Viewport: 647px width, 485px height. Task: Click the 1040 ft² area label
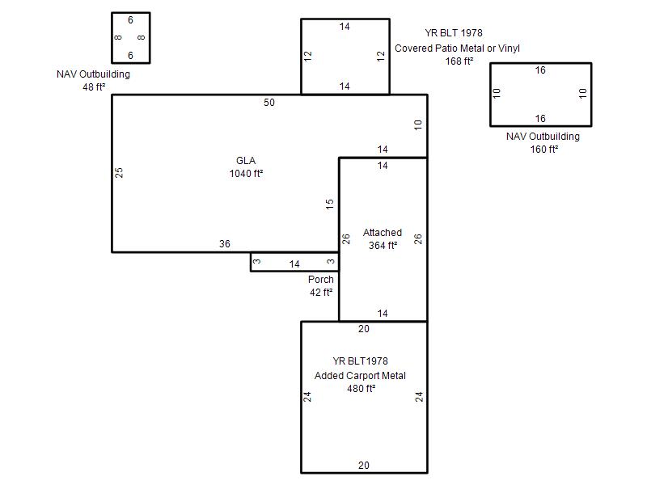pyautogui.click(x=247, y=174)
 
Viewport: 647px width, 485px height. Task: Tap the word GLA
pyautogui.click(x=246, y=160)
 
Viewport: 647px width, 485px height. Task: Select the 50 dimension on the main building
pyautogui.click(x=269, y=103)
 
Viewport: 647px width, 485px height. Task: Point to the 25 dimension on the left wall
pyautogui.click(x=119, y=172)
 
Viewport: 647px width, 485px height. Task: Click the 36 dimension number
pyautogui.click(x=225, y=244)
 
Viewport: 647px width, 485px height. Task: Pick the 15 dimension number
pyautogui.click(x=329, y=204)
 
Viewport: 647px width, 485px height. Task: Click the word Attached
pyautogui.click(x=383, y=233)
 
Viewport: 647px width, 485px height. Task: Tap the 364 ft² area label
pyautogui.click(x=383, y=246)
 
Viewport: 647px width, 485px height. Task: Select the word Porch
pyautogui.click(x=320, y=279)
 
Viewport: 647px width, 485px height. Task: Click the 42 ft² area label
pyautogui.click(x=321, y=292)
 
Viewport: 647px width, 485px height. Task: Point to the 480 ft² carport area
pyautogui.click(x=361, y=389)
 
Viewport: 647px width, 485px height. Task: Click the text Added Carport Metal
pyautogui.click(x=360, y=376)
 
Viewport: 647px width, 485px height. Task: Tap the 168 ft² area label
pyautogui.click(x=459, y=61)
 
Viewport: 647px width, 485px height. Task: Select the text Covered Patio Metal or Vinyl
pyautogui.click(x=457, y=48)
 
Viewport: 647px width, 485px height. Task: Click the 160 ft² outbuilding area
pyautogui.click(x=544, y=149)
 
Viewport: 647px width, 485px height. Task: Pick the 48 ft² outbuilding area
pyautogui.click(x=94, y=86)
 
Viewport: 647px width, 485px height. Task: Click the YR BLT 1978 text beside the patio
pyautogui.click(x=454, y=32)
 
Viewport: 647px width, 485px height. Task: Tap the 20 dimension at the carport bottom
pyautogui.click(x=363, y=466)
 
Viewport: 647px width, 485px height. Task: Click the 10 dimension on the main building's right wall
pyautogui.click(x=418, y=125)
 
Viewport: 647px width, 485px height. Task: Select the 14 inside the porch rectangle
pyautogui.click(x=294, y=264)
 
